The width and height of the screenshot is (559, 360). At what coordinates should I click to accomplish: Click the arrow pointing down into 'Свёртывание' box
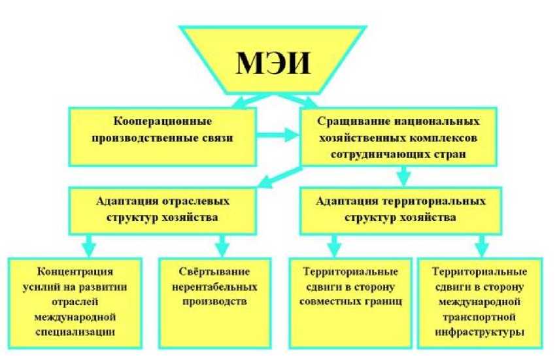tap(222, 246)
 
